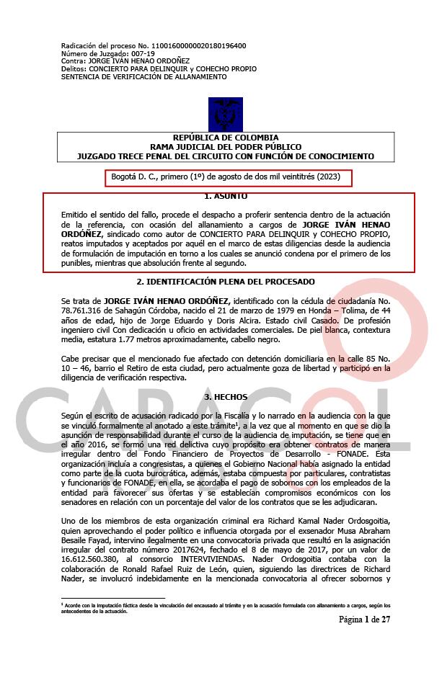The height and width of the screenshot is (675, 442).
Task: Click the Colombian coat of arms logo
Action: (221, 115)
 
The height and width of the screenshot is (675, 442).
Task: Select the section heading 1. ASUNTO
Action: (226, 196)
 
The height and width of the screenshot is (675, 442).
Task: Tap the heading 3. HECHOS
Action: (226, 397)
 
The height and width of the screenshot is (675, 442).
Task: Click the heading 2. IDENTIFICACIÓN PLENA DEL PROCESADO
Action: (226, 282)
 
